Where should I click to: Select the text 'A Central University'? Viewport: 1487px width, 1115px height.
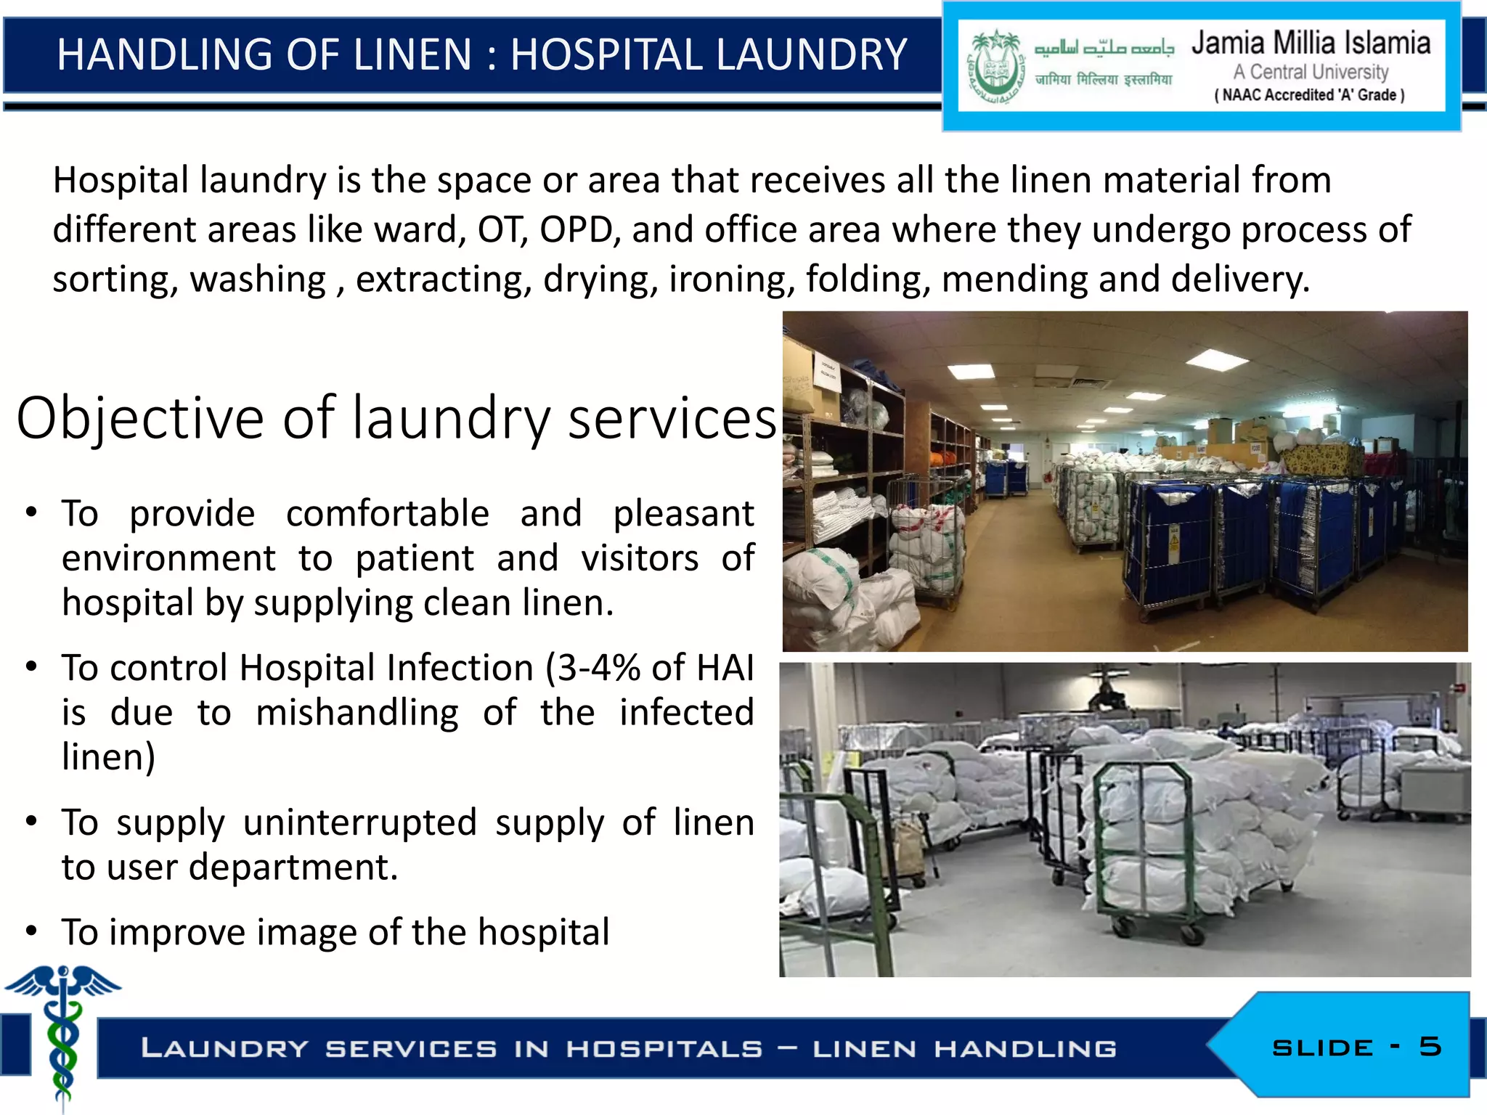point(1311,72)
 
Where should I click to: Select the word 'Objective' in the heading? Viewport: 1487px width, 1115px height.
point(140,419)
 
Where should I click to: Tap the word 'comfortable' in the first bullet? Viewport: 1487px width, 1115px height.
point(388,514)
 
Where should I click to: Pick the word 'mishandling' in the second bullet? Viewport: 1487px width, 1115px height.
point(357,713)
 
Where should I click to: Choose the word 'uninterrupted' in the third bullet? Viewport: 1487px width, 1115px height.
point(360,823)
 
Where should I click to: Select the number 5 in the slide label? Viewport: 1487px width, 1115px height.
point(1430,1046)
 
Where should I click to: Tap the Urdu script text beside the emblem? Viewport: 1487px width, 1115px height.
point(1104,48)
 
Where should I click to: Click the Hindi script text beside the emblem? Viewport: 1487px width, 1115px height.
point(1104,79)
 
